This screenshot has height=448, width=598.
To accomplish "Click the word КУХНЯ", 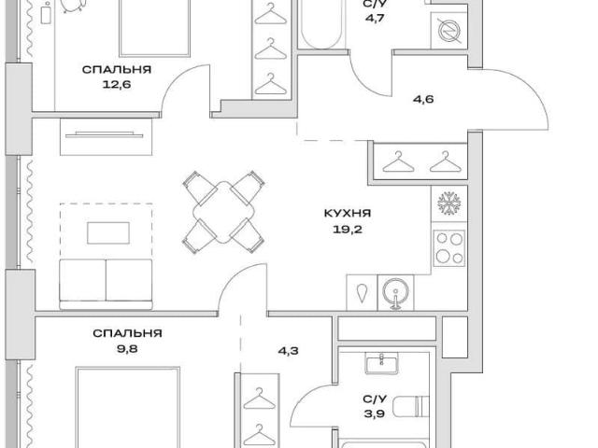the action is (x=348, y=213).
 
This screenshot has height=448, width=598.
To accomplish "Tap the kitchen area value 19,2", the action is (x=348, y=230).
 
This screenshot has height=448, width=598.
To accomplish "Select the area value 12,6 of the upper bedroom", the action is (x=117, y=85).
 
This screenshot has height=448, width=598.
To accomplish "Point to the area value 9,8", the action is (x=127, y=349).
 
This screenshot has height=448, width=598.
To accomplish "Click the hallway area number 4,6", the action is (x=423, y=100).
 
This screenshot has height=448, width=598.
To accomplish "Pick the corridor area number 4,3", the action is (x=288, y=351).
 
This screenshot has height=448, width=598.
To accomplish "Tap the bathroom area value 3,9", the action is (x=375, y=413).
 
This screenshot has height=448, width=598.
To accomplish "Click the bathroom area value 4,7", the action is (x=374, y=19).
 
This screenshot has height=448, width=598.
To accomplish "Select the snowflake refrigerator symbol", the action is (x=449, y=203).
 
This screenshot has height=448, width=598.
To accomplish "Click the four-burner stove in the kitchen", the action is (x=449, y=248).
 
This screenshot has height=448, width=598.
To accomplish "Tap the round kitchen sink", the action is (x=395, y=292).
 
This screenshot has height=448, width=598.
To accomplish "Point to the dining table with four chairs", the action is (x=223, y=212).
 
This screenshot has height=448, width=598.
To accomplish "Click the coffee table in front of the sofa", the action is (x=108, y=233).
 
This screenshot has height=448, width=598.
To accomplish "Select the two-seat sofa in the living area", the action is (x=106, y=284).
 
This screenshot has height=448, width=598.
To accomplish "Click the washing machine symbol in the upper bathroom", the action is (x=449, y=31).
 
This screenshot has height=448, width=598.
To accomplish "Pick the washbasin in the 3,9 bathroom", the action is (x=382, y=363).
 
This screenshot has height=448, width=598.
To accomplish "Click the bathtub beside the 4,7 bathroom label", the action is (x=320, y=23).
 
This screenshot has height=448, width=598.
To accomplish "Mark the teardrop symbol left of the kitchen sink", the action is (x=362, y=293).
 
